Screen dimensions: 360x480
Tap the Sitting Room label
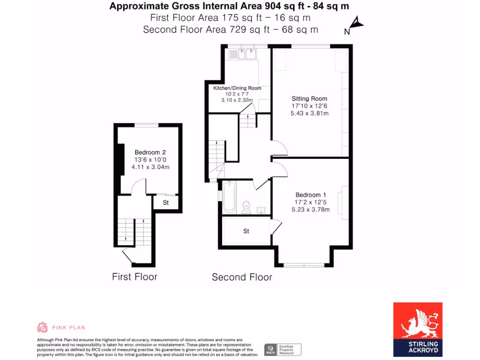pos(309,98)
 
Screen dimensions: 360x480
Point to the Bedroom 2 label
pos(150,152)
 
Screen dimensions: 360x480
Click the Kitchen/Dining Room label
pos(237,88)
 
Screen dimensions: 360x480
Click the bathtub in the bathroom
pos(229,197)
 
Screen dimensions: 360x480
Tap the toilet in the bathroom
pos(247,207)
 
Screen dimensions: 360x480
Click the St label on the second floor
pos(246,231)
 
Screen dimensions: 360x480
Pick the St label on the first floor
pos(165,203)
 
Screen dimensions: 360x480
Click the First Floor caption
pos(135,277)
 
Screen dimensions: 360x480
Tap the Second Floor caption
pos(242,277)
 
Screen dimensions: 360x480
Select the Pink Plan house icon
pos(42,327)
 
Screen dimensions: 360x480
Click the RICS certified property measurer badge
pos(282,349)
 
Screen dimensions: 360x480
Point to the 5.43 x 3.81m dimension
pos(309,113)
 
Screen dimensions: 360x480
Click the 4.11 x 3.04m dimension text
pos(150,167)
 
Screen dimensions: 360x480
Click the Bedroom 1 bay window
pos(304,265)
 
